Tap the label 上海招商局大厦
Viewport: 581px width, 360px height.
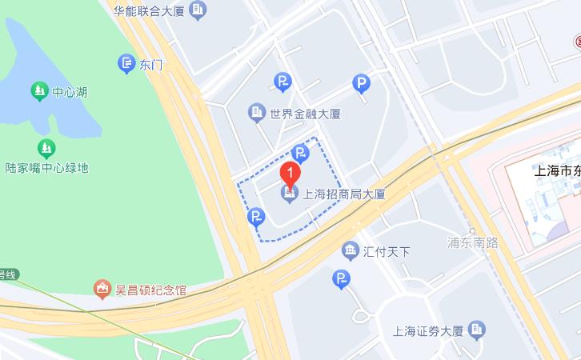[x=343, y=194]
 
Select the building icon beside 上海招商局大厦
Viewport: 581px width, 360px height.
[x=289, y=194]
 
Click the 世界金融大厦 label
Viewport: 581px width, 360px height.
[x=306, y=114]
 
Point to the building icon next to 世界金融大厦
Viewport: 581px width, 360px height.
[x=256, y=113]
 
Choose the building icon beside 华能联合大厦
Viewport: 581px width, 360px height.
[x=198, y=10]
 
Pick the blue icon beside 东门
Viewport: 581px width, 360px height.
[x=126, y=63]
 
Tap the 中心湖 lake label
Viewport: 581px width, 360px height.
[x=69, y=91]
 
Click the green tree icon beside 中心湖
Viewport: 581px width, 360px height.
[x=39, y=91]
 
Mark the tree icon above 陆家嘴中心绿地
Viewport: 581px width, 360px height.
[x=46, y=148]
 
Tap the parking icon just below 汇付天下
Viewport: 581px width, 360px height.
[x=342, y=278]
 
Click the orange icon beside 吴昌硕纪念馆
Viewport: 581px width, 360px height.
[x=102, y=289]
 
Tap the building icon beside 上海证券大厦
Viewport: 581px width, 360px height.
[x=478, y=330]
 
